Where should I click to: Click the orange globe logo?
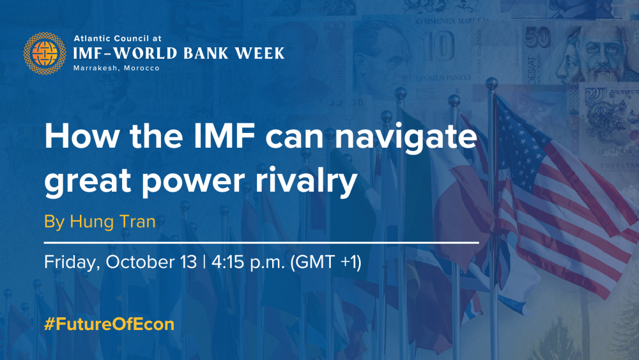pos(45,54)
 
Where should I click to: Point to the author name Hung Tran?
pos(112,221)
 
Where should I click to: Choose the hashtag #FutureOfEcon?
pos(109,324)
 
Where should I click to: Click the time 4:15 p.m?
pos(248,262)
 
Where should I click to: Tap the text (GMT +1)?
pos(326,262)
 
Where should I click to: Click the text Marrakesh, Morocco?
pos(116,68)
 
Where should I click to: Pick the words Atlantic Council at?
pos(118,38)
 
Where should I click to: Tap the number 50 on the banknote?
pos(537,40)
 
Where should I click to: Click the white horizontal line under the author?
pos(261,242)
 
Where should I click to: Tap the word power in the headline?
pos(194,182)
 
